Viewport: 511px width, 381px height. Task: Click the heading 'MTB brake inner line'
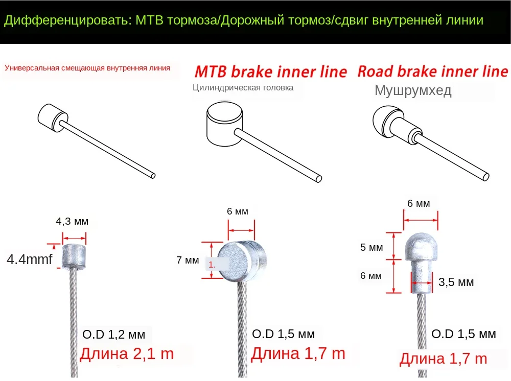pyautogui.click(x=271, y=72)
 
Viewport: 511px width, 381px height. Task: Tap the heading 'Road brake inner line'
pyautogui.click(x=433, y=71)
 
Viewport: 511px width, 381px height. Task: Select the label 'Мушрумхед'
pyautogui.click(x=413, y=91)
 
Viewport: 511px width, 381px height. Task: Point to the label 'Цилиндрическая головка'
pyautogui.click(x=243, y=87)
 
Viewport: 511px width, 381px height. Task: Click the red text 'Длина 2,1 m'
pyautogui.click(x=127, y=353)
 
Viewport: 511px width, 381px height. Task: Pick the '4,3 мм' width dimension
pyautogui.click(x=72, y=221)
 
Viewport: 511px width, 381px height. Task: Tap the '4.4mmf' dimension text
pyautogui.click(x=29, y=259)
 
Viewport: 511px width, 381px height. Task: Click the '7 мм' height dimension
pyautogui.click(x=188, y=260)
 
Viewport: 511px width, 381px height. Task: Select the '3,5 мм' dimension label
pyautogui.click(x=456, y=282)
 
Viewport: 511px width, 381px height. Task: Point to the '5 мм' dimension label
pyautogui.click(x=371, y=248)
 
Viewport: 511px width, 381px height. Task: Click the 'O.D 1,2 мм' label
pyautogui.click(x=113, y=335)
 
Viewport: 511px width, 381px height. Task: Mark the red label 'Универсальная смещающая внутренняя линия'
pyautogui.click(x=87, y=67)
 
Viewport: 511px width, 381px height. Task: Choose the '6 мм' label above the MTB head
pyautogui.click(x=238, y=211)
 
